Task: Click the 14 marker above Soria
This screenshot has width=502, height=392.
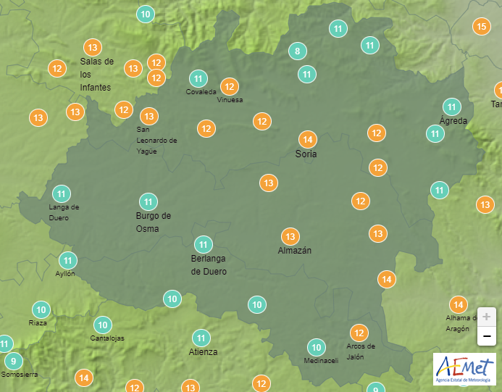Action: (x=308, y=140)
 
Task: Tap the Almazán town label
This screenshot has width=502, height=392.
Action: (x=294, y=251)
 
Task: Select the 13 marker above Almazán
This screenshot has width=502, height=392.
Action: (x=290, y=236)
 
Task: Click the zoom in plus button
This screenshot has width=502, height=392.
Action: (x=487, y=317)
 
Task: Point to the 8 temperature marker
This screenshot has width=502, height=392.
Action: (x=296, y=51)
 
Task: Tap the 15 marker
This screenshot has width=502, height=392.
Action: (x=481, y=27)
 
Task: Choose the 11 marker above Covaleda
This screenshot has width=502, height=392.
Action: (x=198, y=78)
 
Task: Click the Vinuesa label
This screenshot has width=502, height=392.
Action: (x=230, y=100)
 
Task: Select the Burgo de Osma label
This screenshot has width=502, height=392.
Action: (x=154, y=222)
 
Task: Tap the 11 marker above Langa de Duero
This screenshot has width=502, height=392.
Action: (x=62, y=193)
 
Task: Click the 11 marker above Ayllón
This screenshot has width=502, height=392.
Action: (x=68, y=260)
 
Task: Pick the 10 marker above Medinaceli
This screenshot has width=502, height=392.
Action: (x=316, y=347)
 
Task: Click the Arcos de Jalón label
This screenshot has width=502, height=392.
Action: (x=360, y=351)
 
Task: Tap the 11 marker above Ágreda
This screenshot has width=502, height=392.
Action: (x=452, y=106)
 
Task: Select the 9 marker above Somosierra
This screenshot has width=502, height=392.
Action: (x=13, y=361)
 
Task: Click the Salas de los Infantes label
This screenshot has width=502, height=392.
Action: (x=96, y=74)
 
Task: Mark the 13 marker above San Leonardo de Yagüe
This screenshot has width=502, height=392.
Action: (x=149, y=116)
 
